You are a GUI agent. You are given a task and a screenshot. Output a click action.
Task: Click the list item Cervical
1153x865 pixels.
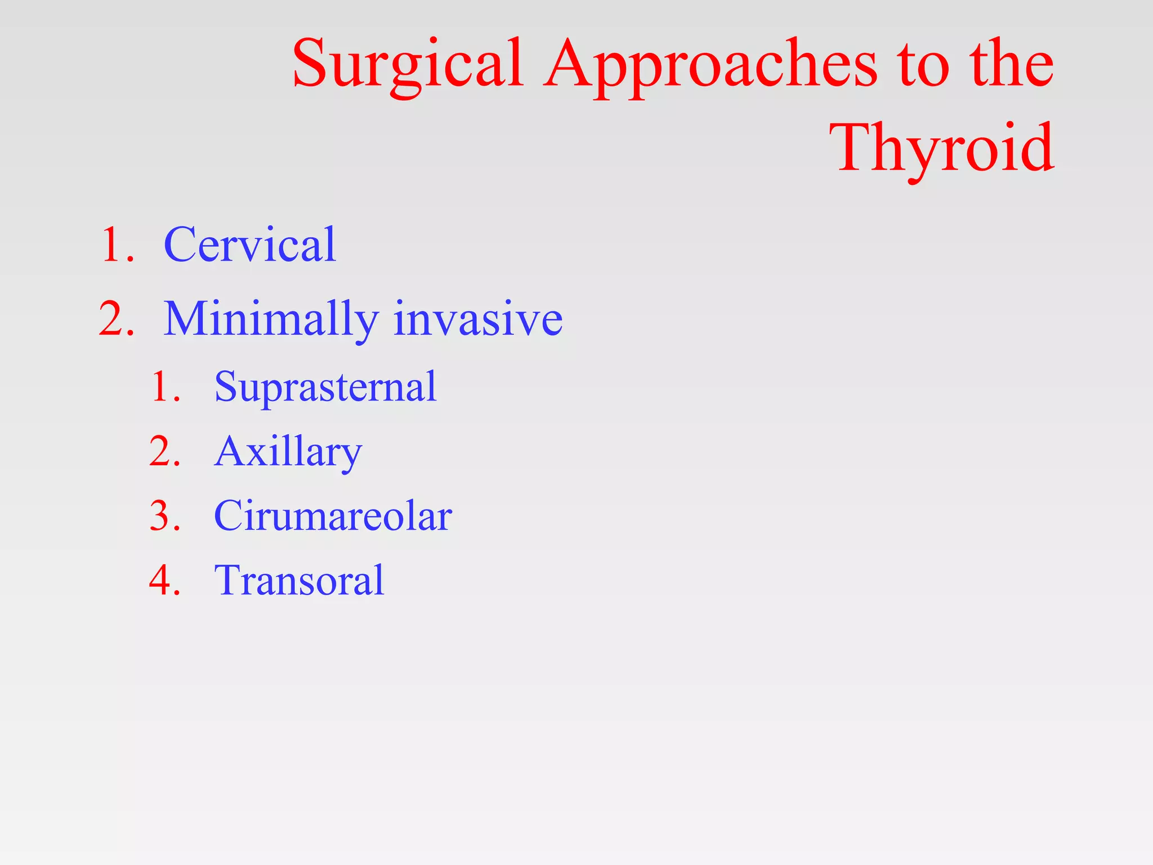249,245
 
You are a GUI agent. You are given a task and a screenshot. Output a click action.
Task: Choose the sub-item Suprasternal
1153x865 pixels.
325,387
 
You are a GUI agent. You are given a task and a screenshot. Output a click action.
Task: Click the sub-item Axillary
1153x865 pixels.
288,452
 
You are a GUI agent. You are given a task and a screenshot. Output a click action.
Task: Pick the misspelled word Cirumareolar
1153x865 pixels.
333,516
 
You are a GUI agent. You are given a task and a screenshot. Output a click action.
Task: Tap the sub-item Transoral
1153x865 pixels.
299,580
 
